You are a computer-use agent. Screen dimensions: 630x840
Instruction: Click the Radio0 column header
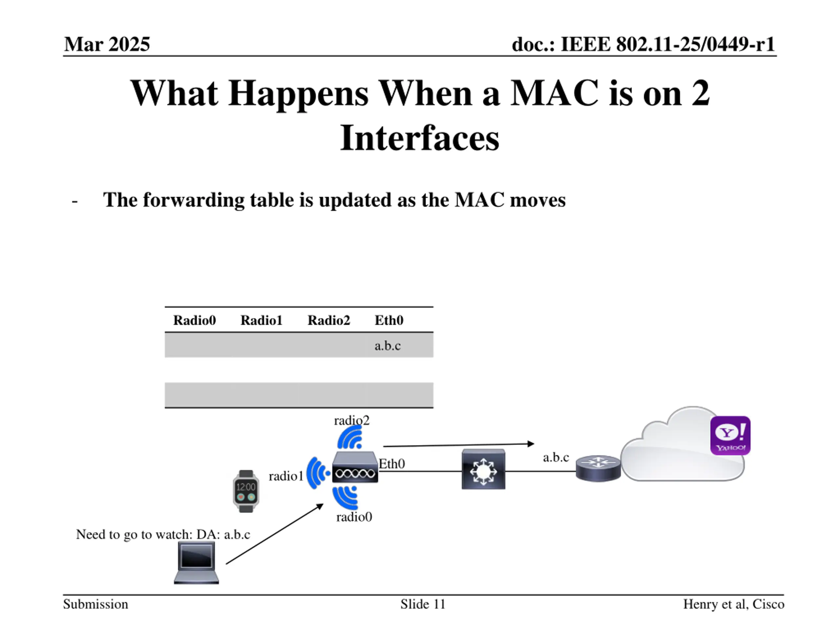[195, 320]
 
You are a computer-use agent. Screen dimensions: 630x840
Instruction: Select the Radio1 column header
[261, 320]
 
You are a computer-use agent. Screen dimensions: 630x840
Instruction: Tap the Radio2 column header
[328, 320]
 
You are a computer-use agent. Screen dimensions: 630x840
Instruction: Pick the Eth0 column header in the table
[389, 320]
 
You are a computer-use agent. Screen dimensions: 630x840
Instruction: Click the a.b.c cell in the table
[387, 346]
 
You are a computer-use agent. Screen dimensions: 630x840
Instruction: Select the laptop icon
[196, 562]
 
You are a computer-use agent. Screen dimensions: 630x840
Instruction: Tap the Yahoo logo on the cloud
[730, 435]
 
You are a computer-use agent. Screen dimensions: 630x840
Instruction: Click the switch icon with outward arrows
[483, 469]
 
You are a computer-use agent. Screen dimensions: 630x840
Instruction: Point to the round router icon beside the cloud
[598, 468]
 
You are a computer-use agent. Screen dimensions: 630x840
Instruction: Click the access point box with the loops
[355, 468]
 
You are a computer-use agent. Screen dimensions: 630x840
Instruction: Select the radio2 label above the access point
[352, 420]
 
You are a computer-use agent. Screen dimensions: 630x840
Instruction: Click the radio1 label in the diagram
[286, 476]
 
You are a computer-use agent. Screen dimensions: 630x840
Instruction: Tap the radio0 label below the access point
[354, 517]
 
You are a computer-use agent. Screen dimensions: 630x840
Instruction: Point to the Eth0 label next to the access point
[392, 464]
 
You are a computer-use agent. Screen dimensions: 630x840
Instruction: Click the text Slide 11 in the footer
[423, 604]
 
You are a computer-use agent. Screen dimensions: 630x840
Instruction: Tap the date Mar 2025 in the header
[107, 44]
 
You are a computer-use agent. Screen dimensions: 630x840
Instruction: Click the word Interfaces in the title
[420, 138]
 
